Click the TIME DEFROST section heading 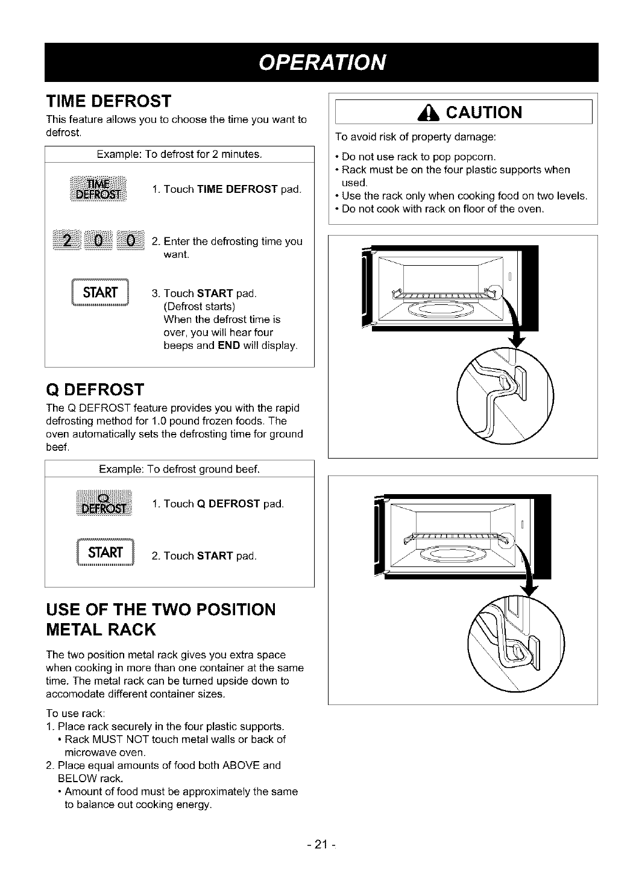pyautogui.click(x=109, y=100)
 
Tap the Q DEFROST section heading pyautogui.click(x=95, y=389)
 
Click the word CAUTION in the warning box pyautogui.click(x=480, y=113)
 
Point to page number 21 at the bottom pyautogui.click(x=319, y=844)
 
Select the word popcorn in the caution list pyautogui.click(x=474, y=157)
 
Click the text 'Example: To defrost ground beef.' pyautogui.click(x=179, y=469)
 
